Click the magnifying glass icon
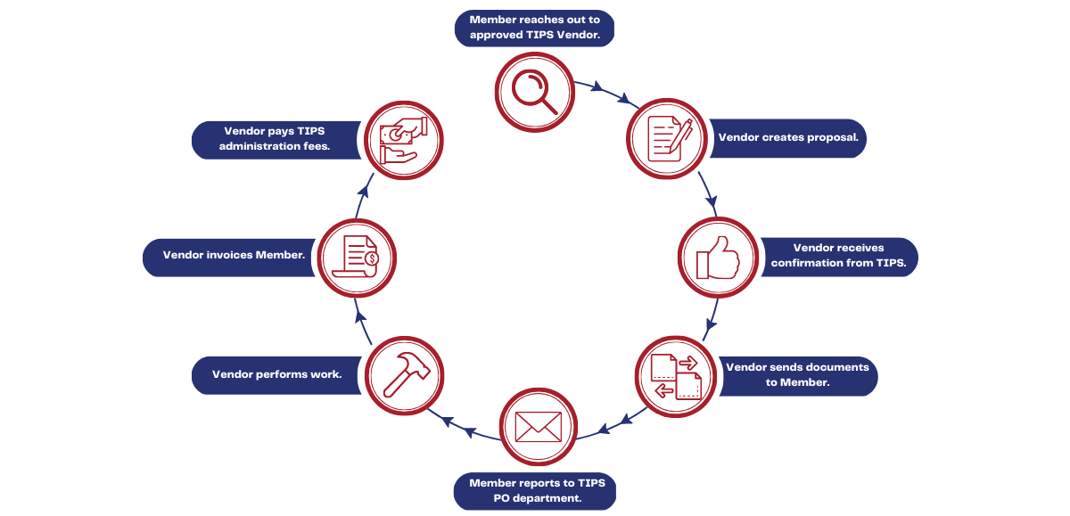pyautogui.click(x=533, y=90)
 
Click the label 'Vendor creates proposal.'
pyautogui.click(x=788, y=138)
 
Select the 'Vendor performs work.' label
pyautogui.click(x=277, y=374)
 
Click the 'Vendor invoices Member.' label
pyautogui.click(x=234, y=256)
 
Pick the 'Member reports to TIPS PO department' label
pyautogui.click(x=537, y=490)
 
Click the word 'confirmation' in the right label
pyautogui.click(x=809, y=263)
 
